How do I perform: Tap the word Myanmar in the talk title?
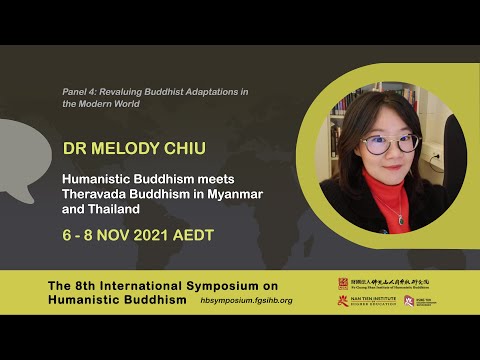[232, 193]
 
